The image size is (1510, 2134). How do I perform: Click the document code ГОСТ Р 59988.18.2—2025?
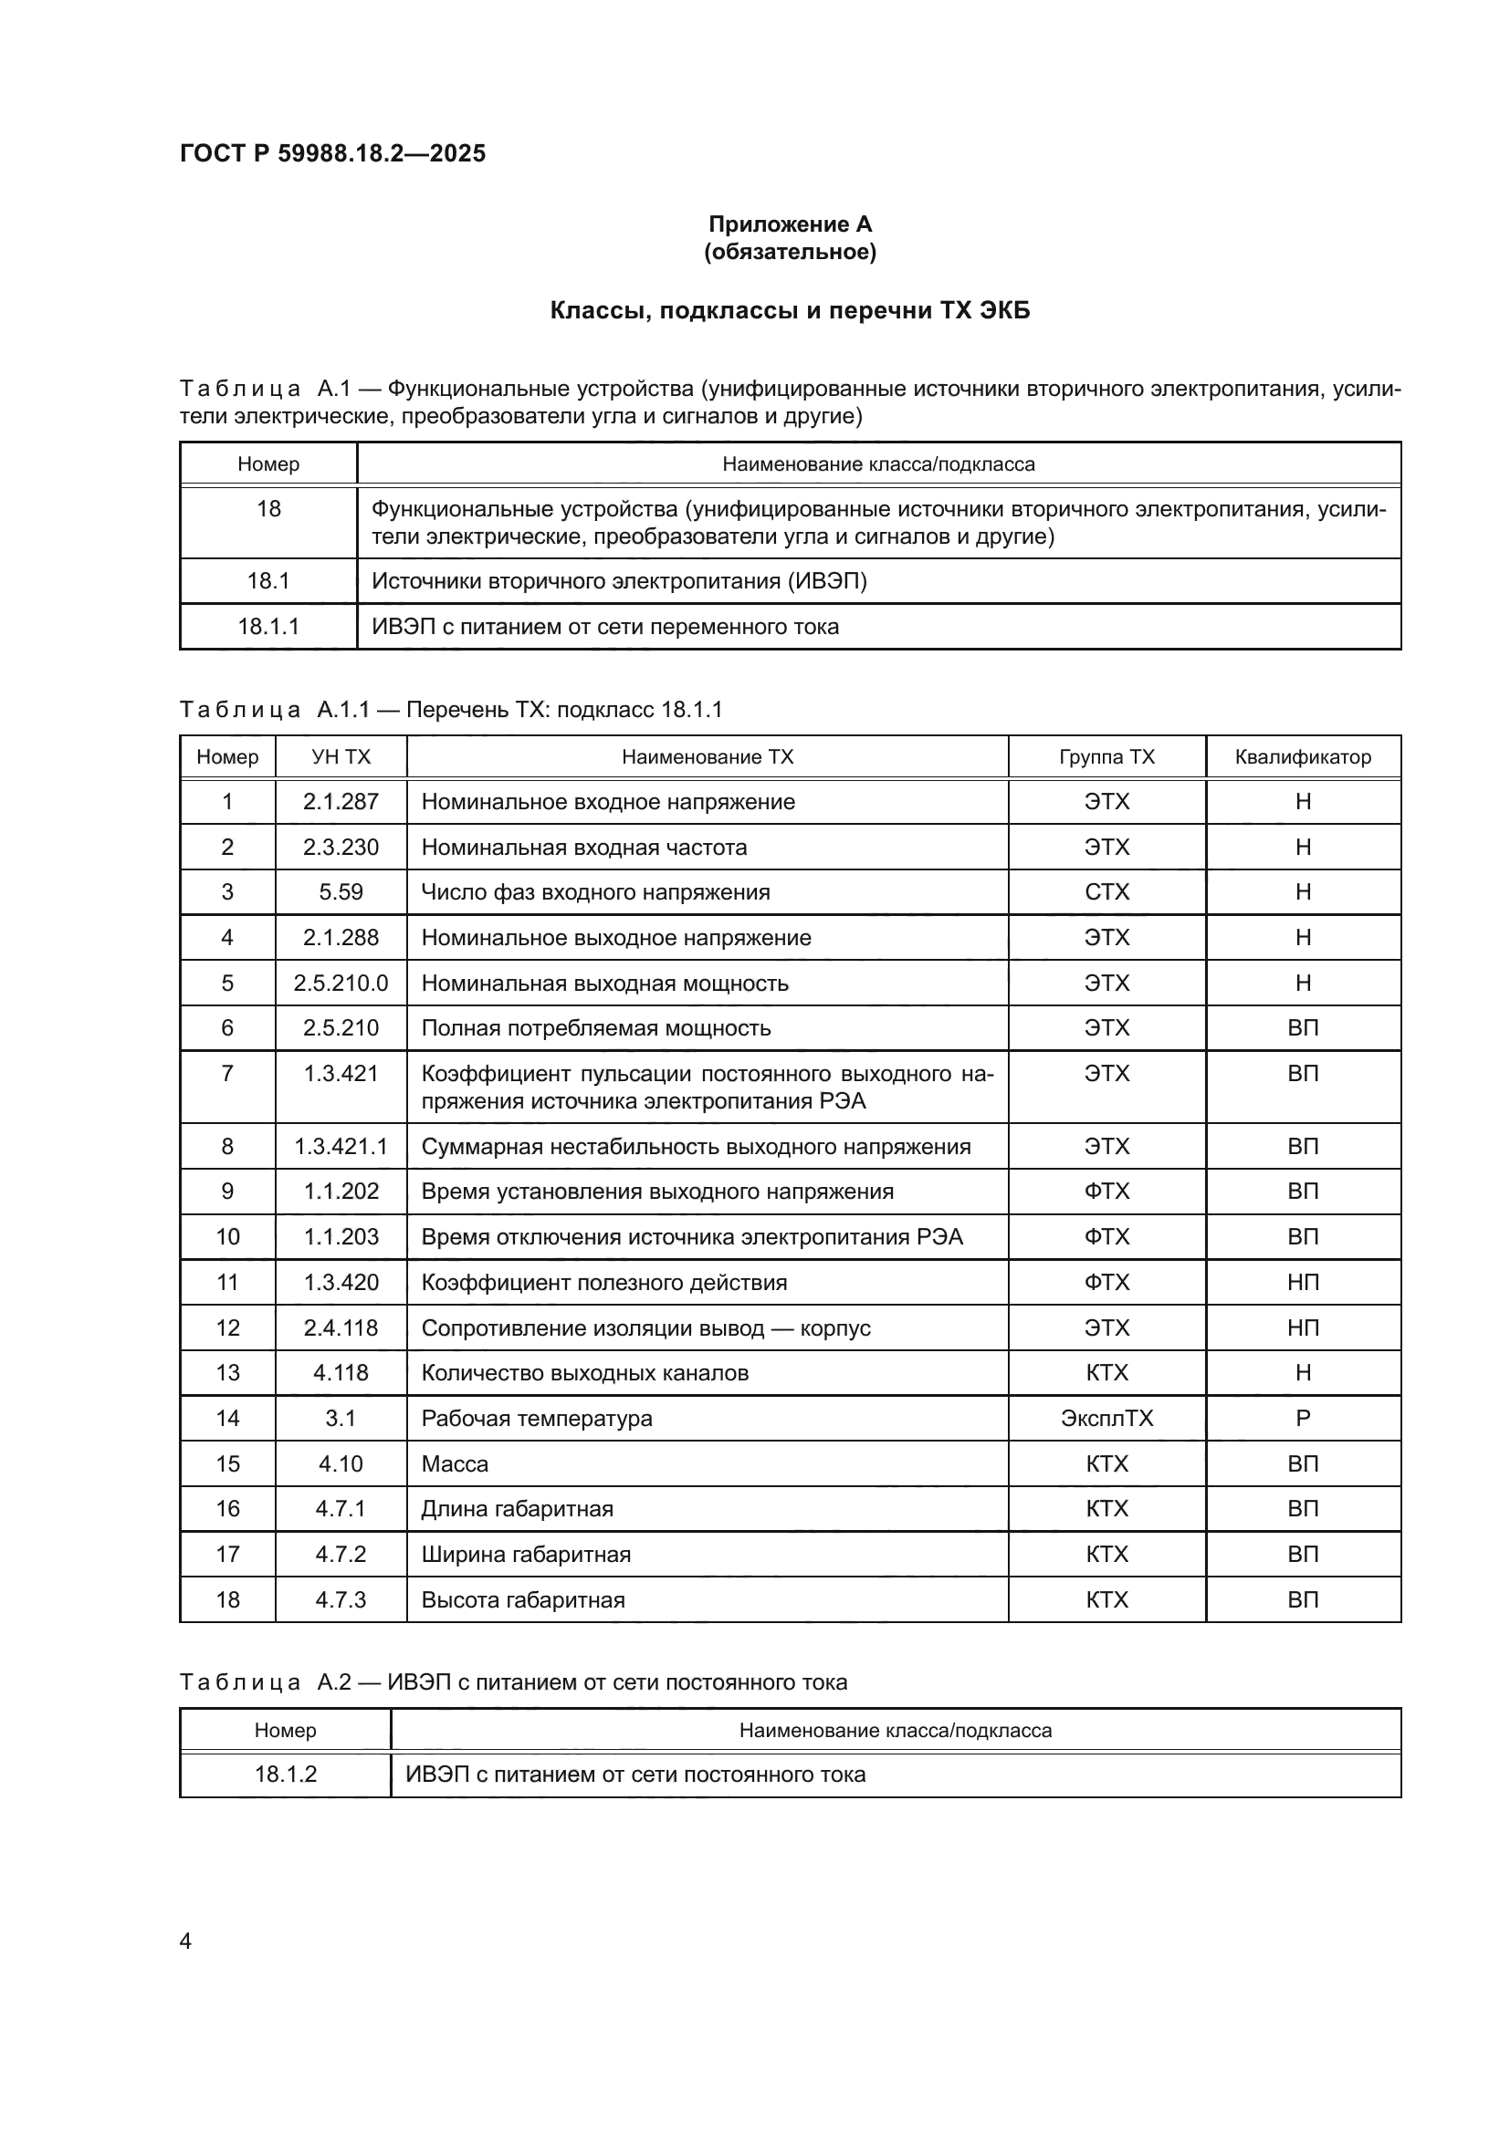tap(332, 153)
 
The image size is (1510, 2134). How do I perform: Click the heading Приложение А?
tap(790, 224)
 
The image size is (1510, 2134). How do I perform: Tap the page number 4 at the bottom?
tap(185, 1941)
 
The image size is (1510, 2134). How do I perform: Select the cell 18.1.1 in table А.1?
tap(267, 627)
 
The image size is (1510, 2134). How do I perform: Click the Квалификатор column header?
tap(1302, 756)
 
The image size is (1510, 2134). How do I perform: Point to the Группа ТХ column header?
tap(1106, 756)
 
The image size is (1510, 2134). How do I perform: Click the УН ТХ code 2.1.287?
tap(341, 802)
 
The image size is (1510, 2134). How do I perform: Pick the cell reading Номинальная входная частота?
tap(584, 848)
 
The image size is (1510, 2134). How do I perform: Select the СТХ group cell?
tap(1106, 892)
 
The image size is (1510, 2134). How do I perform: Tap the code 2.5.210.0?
tap(341, 984)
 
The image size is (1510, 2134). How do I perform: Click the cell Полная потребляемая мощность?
tap(596, 1028)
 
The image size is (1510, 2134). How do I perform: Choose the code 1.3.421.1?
tap(341, 1146)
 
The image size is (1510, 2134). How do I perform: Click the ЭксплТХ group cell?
tap(1106, 1419)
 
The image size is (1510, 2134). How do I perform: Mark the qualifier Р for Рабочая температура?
tap(1302, 1419)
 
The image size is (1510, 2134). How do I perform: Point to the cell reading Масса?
tap(455, 1463)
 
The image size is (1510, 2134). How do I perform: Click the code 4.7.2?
tap(341, 1554)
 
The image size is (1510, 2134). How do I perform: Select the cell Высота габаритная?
tap(522, 1599)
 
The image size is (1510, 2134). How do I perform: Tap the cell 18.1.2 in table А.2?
tap(286, 1775)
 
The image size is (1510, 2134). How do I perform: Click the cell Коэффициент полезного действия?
tap(603, 1283)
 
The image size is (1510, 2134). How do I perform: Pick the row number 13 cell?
tap(227, 1373)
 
